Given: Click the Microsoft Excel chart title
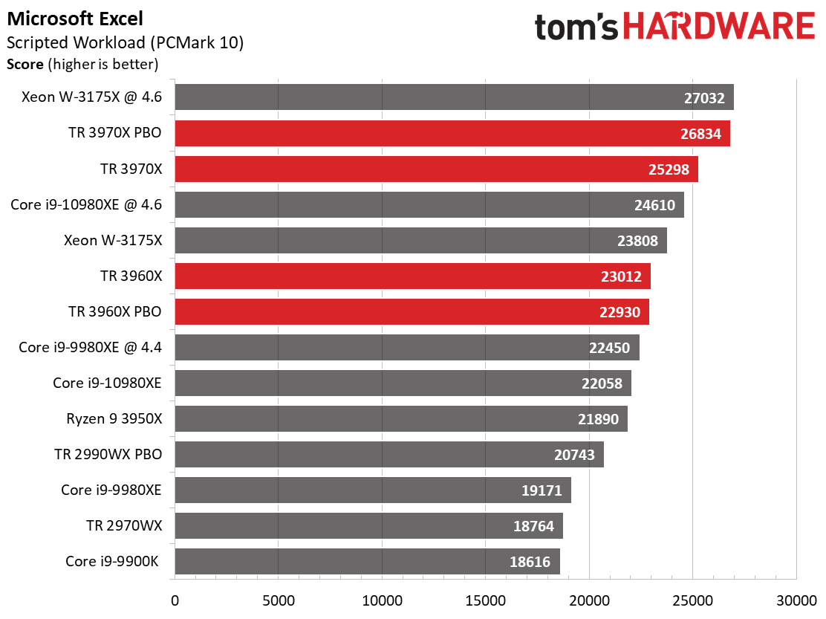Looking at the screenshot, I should pos(75,18).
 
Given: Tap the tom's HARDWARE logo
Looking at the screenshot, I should pos(674,27).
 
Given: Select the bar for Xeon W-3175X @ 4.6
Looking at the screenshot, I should pos(454,97).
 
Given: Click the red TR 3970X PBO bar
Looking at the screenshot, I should pos(452,133).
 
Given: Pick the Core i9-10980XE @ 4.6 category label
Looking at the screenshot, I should pos(86,204).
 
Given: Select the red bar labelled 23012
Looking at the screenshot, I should pos(412,276).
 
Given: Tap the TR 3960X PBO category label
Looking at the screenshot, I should pos(114,311).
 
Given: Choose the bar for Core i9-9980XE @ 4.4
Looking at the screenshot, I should pos(406,347).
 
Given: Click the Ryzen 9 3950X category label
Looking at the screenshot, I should pos(114,418).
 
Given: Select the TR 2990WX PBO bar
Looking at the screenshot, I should pos(388,454).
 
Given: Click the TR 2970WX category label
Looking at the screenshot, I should pos(123,525).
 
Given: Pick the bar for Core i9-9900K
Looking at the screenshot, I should pos(367,561).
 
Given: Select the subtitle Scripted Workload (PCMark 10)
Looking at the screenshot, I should pos(125,42).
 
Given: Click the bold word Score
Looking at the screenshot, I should pos(25,64).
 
